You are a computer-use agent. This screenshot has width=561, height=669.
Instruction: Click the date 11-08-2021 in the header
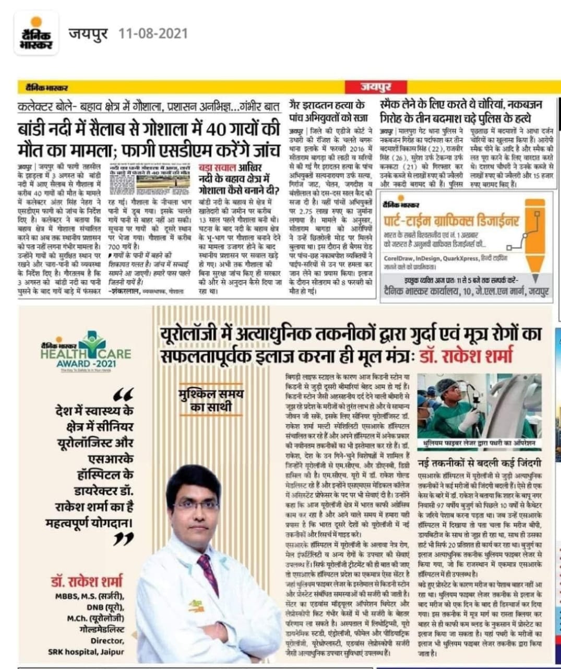[153, 34]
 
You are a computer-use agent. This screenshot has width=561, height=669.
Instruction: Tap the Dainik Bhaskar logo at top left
[35, 34]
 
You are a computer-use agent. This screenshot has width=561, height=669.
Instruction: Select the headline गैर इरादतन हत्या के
[327, 103]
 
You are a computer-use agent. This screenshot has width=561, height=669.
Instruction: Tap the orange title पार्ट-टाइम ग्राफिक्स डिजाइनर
[451, 220]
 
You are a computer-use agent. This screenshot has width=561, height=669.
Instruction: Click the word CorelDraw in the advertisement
[399, 258]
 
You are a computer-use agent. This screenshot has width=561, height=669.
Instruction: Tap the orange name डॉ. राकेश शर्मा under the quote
[87, 581]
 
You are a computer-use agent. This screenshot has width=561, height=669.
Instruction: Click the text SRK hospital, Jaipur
[86, 652]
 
